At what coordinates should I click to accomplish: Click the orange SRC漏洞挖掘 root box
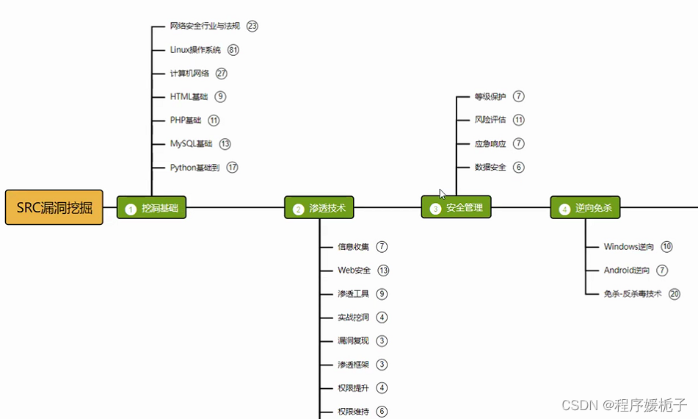coord(54,207)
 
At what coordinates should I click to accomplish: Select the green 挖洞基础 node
coord(152,208)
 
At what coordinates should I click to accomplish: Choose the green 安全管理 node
coord(456,207)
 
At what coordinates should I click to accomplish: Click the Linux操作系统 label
coord(195,50)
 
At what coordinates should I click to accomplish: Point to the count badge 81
coord(233,50)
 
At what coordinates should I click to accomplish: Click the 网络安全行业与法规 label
coord(205,26)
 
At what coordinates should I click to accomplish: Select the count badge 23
coord(252,26)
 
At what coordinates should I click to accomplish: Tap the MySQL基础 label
coord(191,144)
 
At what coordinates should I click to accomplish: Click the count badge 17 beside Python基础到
coord(233,168)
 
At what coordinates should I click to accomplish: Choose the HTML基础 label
coord(189,97)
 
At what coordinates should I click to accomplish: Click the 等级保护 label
coord(490,96)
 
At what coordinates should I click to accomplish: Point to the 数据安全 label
coord(490,168)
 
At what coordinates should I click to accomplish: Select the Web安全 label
coord(354,271)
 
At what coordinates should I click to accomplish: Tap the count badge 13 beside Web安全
coord(383,271)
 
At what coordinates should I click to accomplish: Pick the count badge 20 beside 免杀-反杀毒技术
coord(675,294)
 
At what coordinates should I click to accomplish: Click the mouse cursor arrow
coord(443,194)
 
